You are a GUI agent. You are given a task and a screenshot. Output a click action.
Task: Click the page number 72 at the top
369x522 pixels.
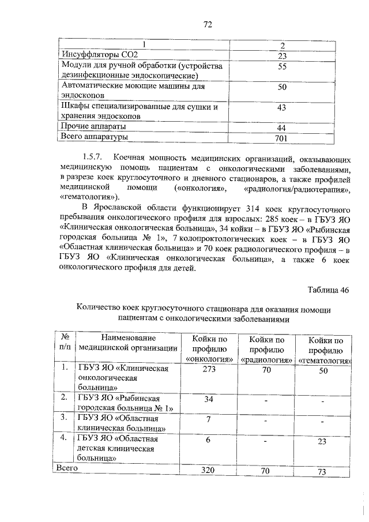click(208, 24)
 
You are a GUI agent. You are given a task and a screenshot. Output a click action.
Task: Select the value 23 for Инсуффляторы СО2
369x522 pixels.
click(282, 56)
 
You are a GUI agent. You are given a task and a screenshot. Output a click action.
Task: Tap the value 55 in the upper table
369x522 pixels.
click(282, 67)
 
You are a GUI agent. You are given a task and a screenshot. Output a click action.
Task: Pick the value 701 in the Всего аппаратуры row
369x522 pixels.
click(282, 138)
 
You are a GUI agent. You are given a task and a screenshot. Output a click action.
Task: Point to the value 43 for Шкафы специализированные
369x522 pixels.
click(282, 108)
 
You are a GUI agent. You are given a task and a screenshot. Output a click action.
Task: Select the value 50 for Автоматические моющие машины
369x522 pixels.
click(282, 87)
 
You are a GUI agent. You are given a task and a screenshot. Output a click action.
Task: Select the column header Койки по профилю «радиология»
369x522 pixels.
click(266, 350)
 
